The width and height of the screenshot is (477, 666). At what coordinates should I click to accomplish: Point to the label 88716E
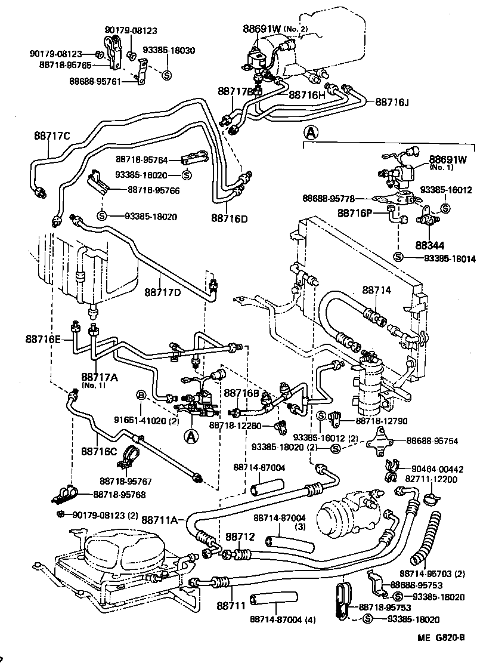[x=43, y=338]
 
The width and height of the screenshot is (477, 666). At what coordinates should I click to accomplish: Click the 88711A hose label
[x=160, y=520]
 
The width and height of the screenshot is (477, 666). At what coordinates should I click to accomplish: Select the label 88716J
[x=392, y=102]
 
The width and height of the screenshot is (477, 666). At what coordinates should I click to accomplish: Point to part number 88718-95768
[x=120, y=494]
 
